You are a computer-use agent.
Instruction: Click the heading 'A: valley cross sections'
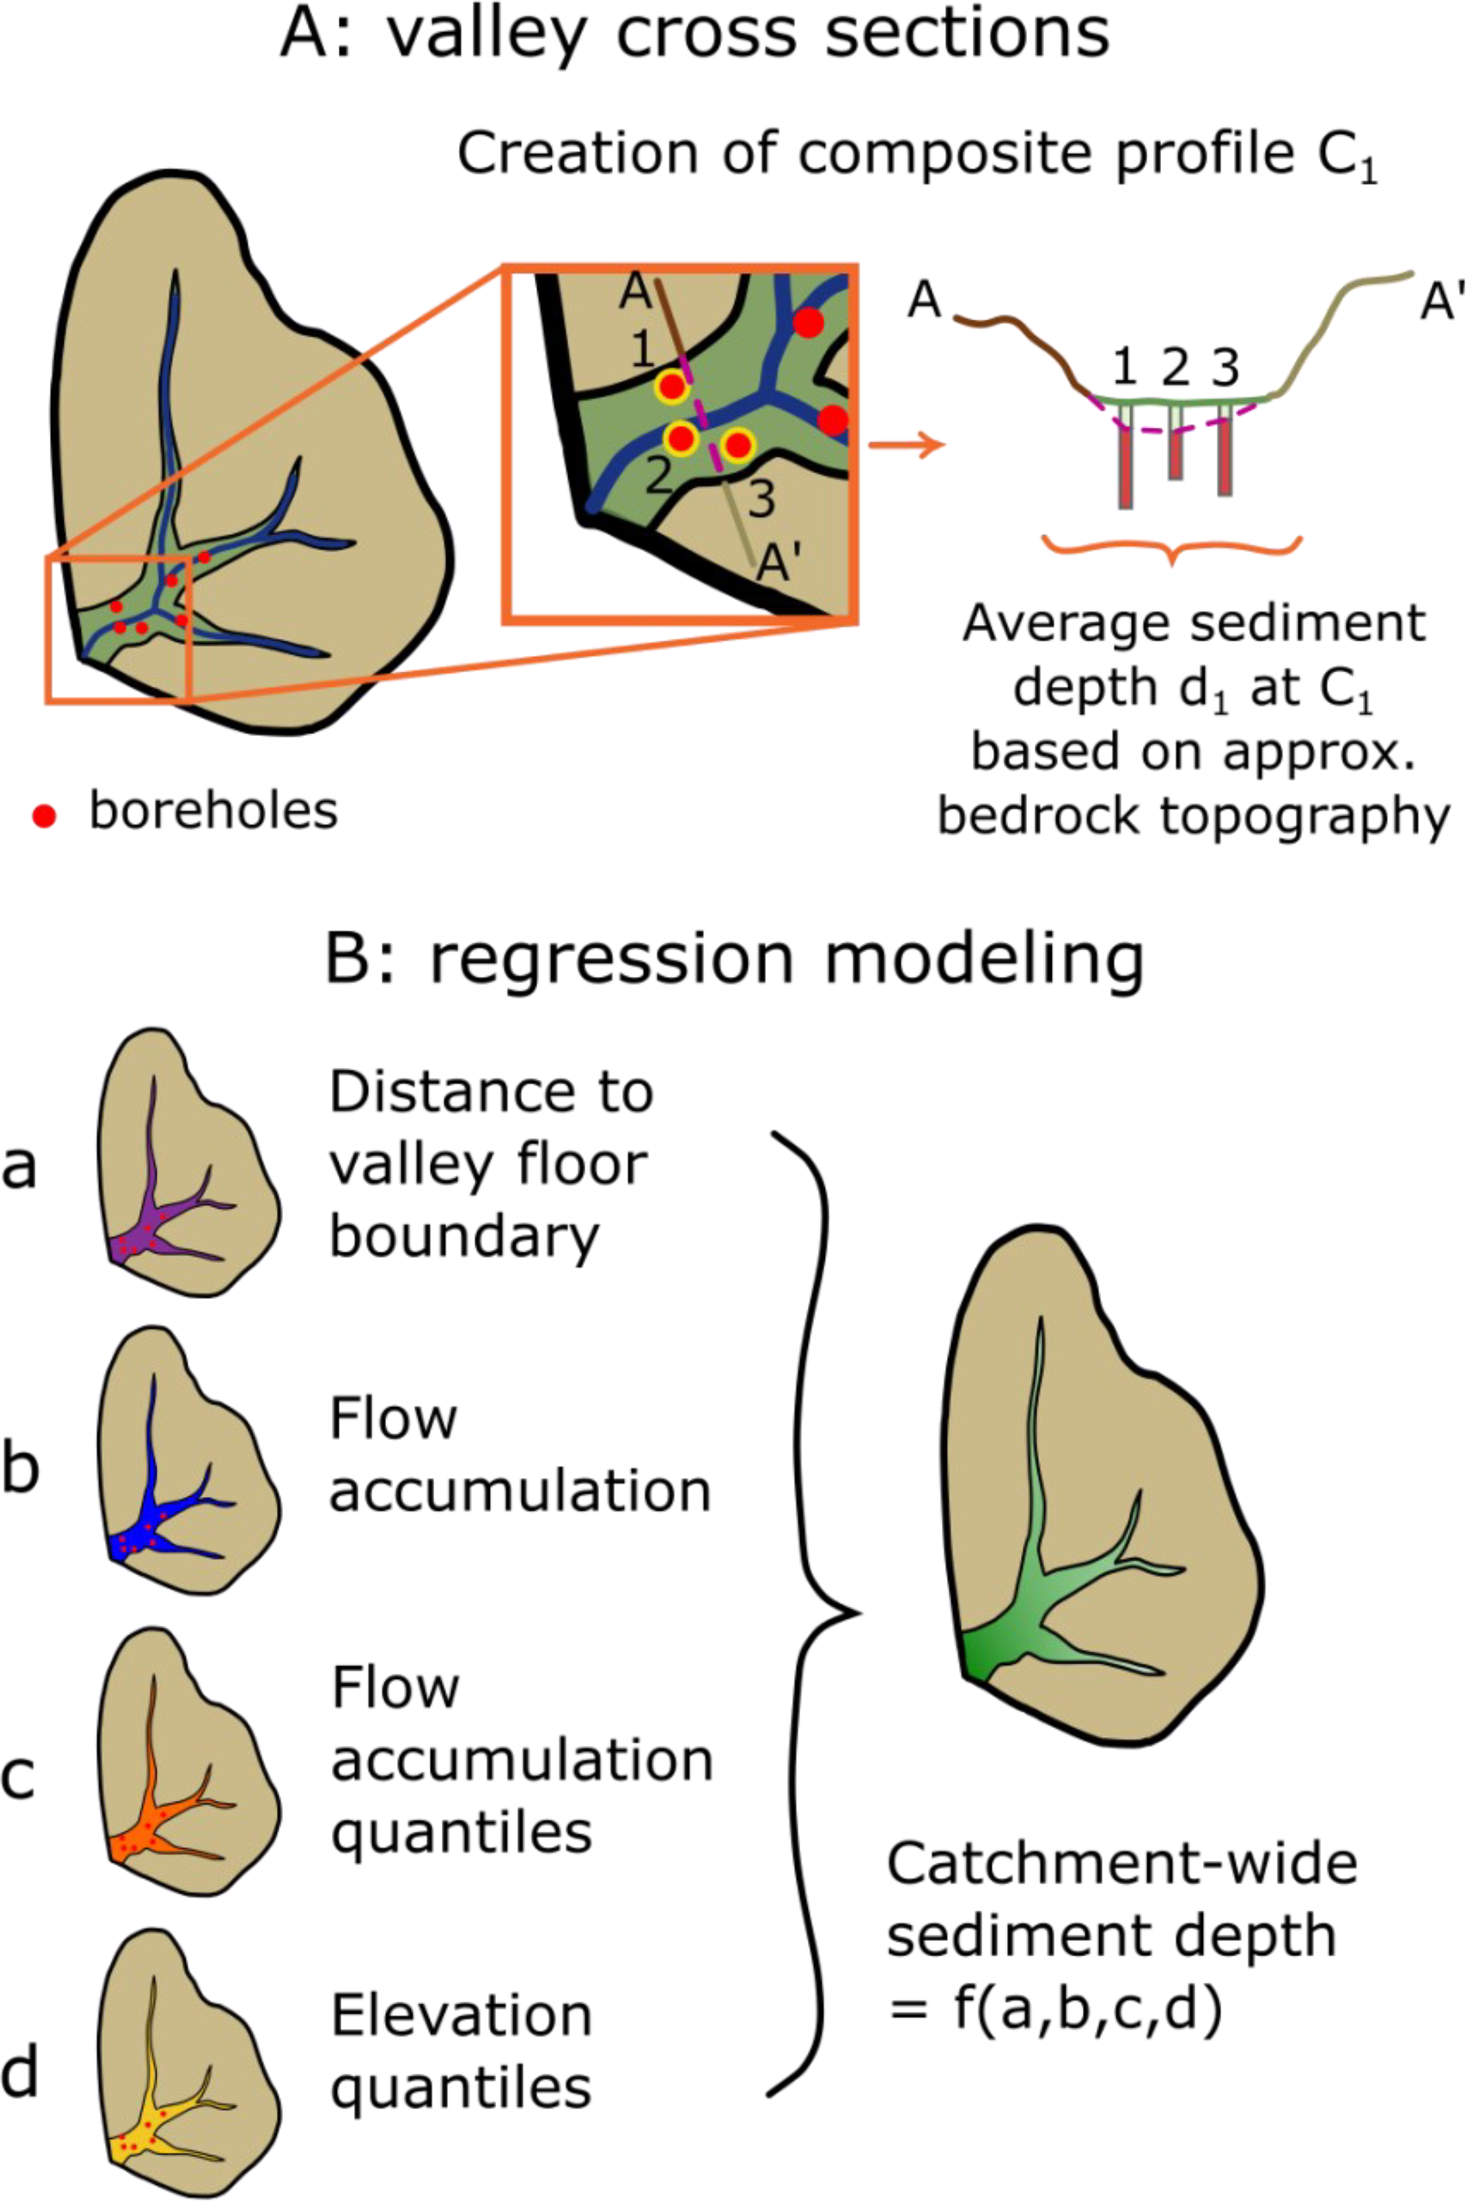coord(694,35)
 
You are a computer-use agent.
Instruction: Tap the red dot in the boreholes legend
coord(44,816)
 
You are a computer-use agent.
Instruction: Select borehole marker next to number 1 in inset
coord(671,386)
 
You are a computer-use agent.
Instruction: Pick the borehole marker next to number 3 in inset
coord(738,445)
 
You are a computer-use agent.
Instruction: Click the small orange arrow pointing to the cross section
coord(905,445)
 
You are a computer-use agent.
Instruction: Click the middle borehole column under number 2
coord(1175,444)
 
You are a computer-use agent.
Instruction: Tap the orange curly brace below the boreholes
coord(1172,549)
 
